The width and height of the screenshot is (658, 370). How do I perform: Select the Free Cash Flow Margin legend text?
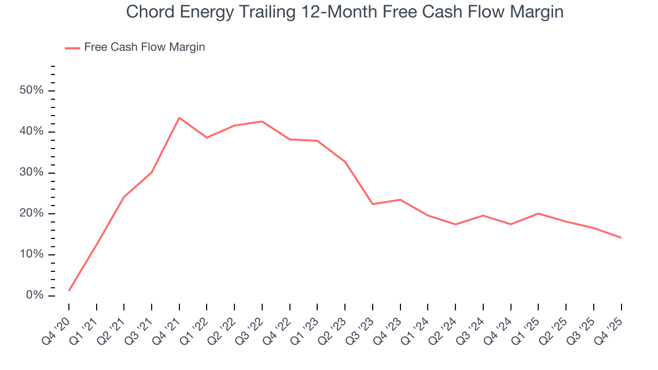pos(144,47)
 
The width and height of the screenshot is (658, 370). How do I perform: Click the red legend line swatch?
pos(72,48)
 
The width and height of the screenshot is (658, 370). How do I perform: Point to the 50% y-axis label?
pos(32,91)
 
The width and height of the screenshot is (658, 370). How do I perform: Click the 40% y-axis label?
pos(32,132)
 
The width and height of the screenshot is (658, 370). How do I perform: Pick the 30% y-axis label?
pos(32,173)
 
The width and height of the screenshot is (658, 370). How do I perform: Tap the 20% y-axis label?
pos(32,214)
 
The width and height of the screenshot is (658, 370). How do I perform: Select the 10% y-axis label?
pos(32,255)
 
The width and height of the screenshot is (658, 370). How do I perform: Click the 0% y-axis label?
pos(34,295)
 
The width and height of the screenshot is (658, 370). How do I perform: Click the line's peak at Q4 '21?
pos(179,118)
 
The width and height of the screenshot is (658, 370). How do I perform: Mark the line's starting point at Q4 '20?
pos(69,290)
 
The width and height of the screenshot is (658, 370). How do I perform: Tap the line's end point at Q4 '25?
pos(621,237)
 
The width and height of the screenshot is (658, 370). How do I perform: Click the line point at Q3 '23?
pos(373,204)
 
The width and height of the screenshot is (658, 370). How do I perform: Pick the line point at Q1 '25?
pos(538,213)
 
